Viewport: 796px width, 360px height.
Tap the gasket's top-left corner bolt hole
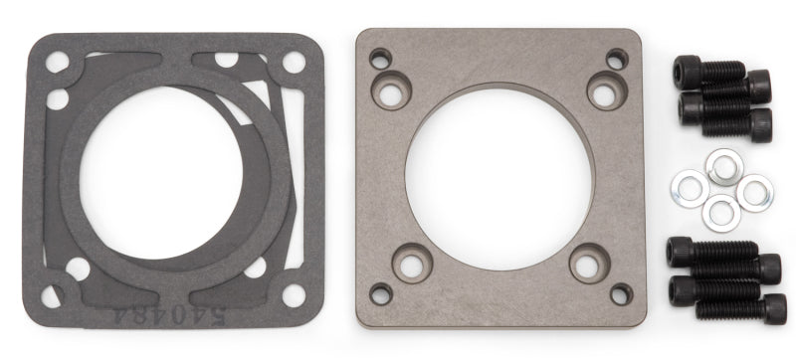click(57, 62)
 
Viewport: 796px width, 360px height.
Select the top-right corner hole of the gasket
click(294, 62)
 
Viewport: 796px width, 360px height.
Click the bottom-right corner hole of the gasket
click(294, 295)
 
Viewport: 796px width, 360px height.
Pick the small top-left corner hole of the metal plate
click(380, 58)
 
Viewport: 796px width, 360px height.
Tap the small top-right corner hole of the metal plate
click(618, 58)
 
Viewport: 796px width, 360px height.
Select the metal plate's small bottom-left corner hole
click(380, 294)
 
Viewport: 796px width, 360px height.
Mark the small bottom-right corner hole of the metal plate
click(620, 294)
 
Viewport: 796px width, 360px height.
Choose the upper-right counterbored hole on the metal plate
click(606, 90)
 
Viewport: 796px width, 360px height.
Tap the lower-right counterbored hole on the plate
click(588, 265)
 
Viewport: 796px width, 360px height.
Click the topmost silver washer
click(723, 166)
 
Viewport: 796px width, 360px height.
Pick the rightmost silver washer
click(754, 192)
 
